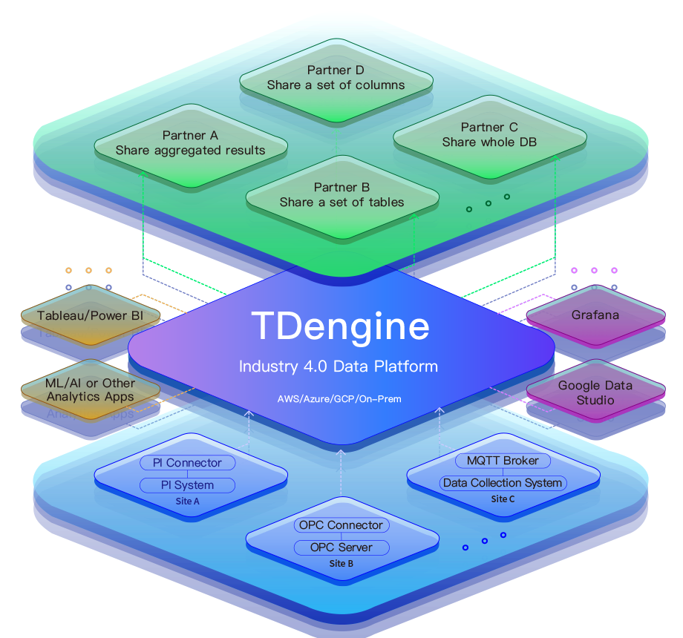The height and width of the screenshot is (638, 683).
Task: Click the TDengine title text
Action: coord(341,326)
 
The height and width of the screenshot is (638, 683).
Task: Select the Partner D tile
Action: coord(336,82)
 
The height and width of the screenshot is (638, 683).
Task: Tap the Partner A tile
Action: coord(191,146)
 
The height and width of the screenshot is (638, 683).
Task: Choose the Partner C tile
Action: coord(490,137)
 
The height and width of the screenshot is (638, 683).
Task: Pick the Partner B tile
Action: coord(342,197)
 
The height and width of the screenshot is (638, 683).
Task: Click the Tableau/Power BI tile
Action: coord(91,315)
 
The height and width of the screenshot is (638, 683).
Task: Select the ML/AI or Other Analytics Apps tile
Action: coord(91,390)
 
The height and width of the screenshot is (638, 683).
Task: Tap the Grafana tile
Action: coord(596,315)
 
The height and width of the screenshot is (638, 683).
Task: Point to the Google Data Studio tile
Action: coord(596,391)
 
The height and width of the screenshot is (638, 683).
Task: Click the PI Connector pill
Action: coord(187,463)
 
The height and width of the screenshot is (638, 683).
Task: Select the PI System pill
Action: coord(187,485)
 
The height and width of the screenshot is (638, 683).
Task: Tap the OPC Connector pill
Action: coord(341,524)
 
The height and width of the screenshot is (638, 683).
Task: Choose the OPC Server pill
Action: coord(341,547)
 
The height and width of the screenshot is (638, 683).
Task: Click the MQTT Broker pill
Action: coord(503,461)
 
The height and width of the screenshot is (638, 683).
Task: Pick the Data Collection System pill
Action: coord(503,483)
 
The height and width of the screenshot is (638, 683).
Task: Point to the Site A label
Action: coord(187,501)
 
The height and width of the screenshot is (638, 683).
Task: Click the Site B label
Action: coord(341,564)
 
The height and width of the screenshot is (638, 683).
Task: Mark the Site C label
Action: coord(503,499)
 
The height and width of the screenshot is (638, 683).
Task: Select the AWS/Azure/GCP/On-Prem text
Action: coord(339,399)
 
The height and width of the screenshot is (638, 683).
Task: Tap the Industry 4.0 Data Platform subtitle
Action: coord(339,366)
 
